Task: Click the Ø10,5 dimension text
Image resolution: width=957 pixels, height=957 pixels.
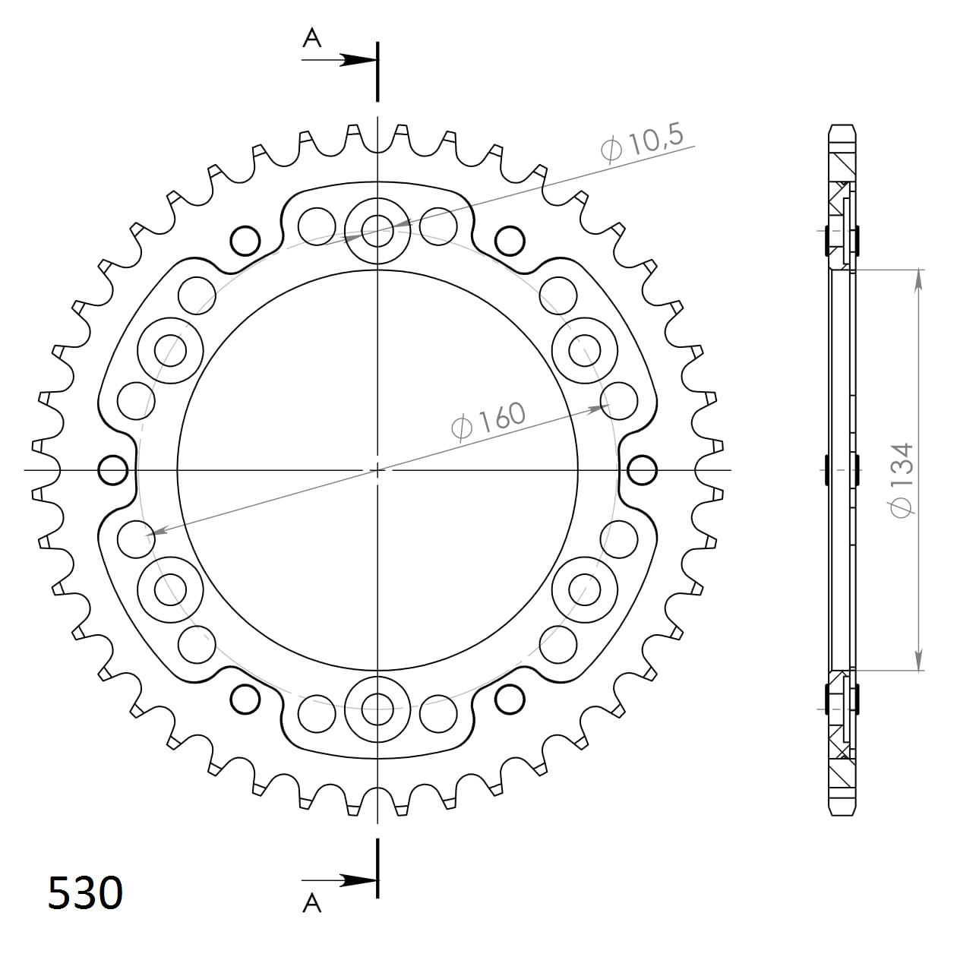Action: point(643,142)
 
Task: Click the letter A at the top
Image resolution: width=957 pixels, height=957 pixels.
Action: point(312,38)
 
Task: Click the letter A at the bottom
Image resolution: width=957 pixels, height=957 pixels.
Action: point(312,902)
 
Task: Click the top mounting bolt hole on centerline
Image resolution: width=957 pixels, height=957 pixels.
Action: point(377,228)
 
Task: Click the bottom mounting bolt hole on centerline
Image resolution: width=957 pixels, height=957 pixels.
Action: point(377,711)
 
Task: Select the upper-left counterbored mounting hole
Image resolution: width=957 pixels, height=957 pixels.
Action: point(170,350)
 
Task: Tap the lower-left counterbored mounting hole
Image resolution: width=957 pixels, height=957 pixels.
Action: point(170,589)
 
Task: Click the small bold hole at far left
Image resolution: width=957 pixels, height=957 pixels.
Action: point(113,470)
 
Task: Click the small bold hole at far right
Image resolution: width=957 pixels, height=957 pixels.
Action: point(643,470)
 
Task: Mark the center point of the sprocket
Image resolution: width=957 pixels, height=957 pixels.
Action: point(377,470)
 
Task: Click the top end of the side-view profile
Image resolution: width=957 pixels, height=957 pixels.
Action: point(842,128)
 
